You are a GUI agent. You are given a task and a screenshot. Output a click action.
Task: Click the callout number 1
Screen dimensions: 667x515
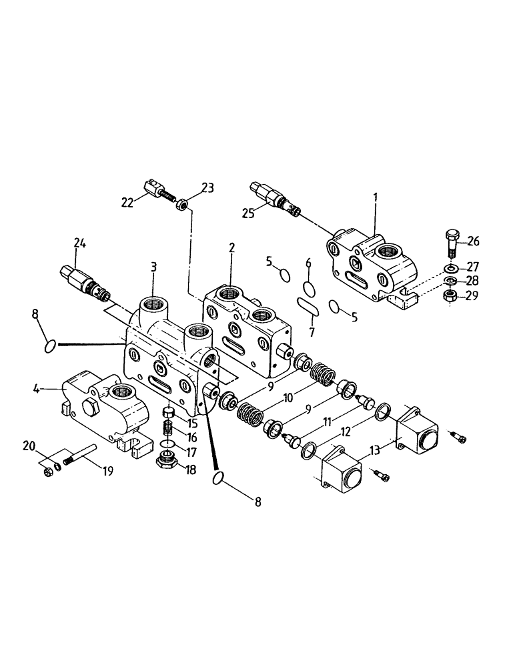[x=375, y=197]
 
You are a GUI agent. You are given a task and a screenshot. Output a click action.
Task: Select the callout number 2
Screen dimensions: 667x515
[x=231, y=247]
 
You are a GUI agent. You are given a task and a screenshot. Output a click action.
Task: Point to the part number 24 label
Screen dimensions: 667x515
[x=79, y=243]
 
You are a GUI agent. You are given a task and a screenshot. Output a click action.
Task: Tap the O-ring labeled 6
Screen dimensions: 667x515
[x=308, y=287]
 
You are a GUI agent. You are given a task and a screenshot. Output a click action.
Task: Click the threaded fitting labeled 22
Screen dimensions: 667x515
[x=155, y=194]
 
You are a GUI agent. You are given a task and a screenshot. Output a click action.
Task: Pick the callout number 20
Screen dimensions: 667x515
[x=47, y=446]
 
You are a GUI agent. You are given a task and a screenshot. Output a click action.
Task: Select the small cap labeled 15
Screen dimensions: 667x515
[x=169, y=411]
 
